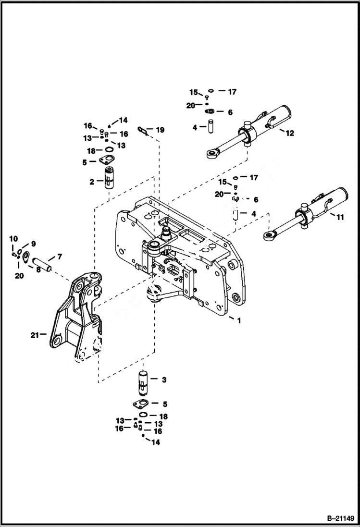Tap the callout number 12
(289, 133)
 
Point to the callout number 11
(340, 217)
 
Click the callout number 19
(160, 130)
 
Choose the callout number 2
(91, 182)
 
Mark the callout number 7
(59, 257)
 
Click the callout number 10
(13, 239)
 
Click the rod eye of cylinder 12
(211, 154)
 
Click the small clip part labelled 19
(142, 129)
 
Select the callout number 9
(33, 243)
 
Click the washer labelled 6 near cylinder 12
(210, 112)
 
